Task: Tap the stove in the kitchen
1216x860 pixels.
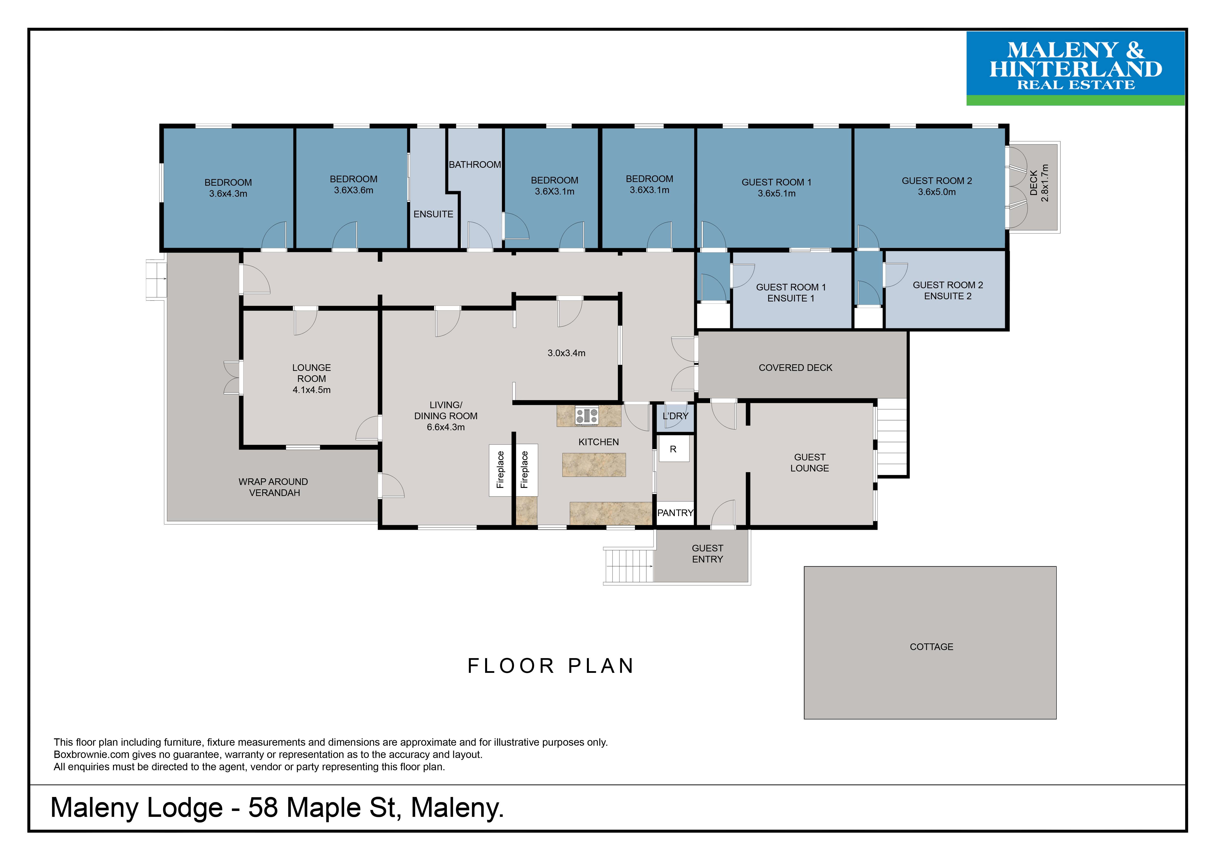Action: (x=587, y=416)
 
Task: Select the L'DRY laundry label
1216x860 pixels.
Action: (x=675, y=416)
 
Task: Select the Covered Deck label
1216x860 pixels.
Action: (x=795, y=367)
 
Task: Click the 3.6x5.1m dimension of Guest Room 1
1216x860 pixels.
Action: (x=776, y=193)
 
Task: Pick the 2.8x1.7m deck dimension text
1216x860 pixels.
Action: (x=1045, y=183)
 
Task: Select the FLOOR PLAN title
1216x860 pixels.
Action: (x=551, y=666)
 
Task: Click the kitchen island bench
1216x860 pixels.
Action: (x=594, y=465)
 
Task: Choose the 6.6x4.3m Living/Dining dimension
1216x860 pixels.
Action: (x=446, y=427)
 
